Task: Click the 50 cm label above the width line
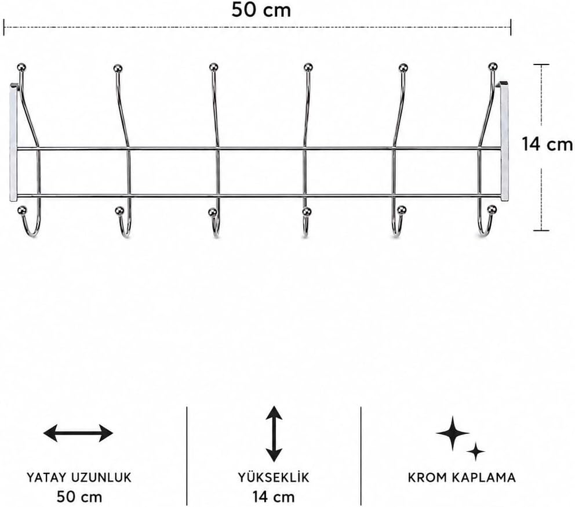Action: tap(261, 10)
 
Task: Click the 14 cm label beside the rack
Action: tap(547, 144)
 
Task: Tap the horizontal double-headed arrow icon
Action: tap(78, 433)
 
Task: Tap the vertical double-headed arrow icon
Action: tap(274, 434)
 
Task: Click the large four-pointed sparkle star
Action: tap(453, 433)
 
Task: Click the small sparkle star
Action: tap(476, 451)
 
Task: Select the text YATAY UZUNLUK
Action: tap(79, 477)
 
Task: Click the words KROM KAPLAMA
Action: tap(462, 477)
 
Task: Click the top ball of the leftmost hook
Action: tap(21, 67)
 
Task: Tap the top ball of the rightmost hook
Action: tap(493, 67)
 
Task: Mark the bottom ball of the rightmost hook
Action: tap(492, 209)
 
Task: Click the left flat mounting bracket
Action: tap(13, 143)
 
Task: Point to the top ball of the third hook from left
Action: tap(213, 67)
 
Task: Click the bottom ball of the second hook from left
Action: tap(119, 211)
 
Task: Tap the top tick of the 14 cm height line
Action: tap(541, 64)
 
